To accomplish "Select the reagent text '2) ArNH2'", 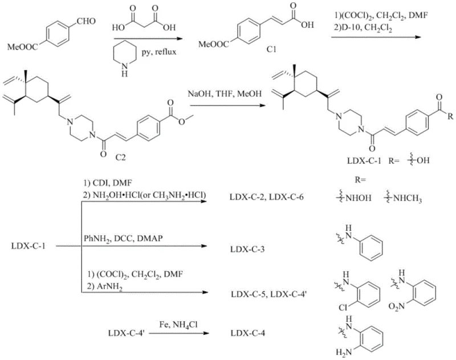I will point(101,293).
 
